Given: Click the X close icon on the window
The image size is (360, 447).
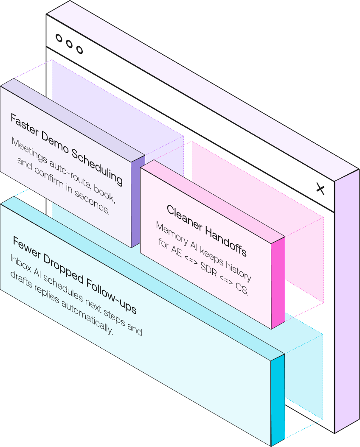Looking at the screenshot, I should [321, 189].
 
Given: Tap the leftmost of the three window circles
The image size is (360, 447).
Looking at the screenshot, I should [59, 39].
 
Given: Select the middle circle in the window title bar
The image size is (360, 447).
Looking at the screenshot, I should [69, 44].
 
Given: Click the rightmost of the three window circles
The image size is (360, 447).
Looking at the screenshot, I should [79, 50].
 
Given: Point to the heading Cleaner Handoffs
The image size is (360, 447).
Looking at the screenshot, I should [206, 229].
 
